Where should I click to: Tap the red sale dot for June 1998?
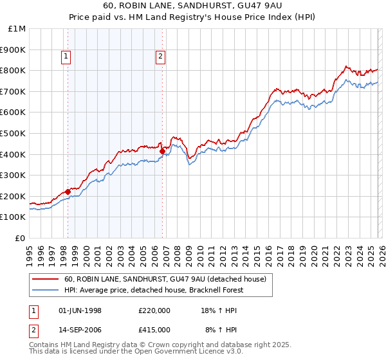(x=68, y=192)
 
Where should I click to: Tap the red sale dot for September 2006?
(x=162, y=151)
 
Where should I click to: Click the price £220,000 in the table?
(x=154, y=310)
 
